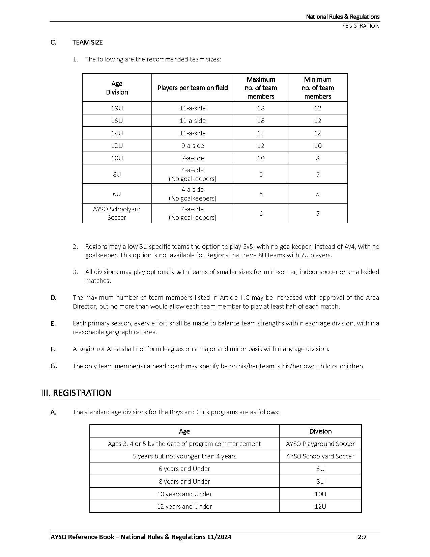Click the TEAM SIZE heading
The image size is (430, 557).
[x=87, y=42]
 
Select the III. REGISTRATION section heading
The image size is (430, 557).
[x=76, y=393]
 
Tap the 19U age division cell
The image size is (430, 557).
[x=117, y=108]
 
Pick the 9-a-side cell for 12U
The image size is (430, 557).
[x=193, y=145]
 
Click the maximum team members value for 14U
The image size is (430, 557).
[x=261, y=133]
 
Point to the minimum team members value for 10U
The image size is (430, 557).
[x=318, y=158]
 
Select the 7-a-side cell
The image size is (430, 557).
[x=193, y=158]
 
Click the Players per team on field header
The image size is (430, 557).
[x=193, y=88]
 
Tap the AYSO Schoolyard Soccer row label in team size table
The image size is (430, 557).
[x=117, y=213]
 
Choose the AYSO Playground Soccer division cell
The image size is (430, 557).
[x=320, y=444]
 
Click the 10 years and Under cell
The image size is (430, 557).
[x=184, y=494]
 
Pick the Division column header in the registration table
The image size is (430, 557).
[x=320, y=431]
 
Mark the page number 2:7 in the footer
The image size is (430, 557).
[x=362, y=537]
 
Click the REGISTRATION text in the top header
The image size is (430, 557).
[x=361, y=26]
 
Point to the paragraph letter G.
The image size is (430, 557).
[x=54, y=366]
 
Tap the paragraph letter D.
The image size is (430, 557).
[x=54, y=298]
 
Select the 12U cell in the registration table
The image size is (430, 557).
[x=320, y=506]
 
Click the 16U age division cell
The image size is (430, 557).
[x=117, y=121]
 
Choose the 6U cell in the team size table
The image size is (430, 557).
[x=117, y=194]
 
